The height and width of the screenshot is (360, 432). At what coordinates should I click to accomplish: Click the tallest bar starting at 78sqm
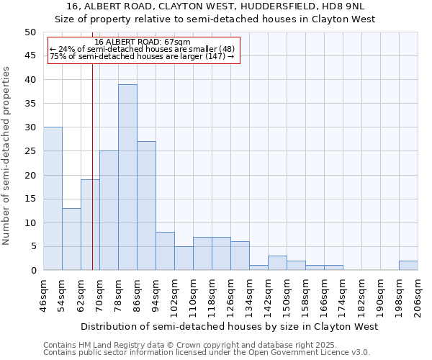coord(127,177)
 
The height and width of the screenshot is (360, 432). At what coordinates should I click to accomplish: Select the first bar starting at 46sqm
coord(53,199)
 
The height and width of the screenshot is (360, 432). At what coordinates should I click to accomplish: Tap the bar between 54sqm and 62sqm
coord(71,239)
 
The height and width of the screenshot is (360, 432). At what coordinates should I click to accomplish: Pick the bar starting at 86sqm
coord(146,206)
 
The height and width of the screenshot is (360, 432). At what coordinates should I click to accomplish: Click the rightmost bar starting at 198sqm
coord(408,266)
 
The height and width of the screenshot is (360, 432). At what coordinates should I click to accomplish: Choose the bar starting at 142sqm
coord(277,264)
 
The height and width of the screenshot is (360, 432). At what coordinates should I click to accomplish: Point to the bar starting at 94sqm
coord(165,251)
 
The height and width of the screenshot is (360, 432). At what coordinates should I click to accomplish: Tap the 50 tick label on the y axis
coord(30,32)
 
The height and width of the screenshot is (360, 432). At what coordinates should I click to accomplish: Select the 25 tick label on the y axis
coord(30,151)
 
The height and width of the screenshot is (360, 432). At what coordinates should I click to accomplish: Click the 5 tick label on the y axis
coord(32,247)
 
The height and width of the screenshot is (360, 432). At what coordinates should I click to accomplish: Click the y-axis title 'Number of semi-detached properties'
coord(7,156)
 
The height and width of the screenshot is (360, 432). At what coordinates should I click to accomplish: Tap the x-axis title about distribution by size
coord(230,327)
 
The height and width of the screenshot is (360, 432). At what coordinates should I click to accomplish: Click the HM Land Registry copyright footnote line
coord(205,345)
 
